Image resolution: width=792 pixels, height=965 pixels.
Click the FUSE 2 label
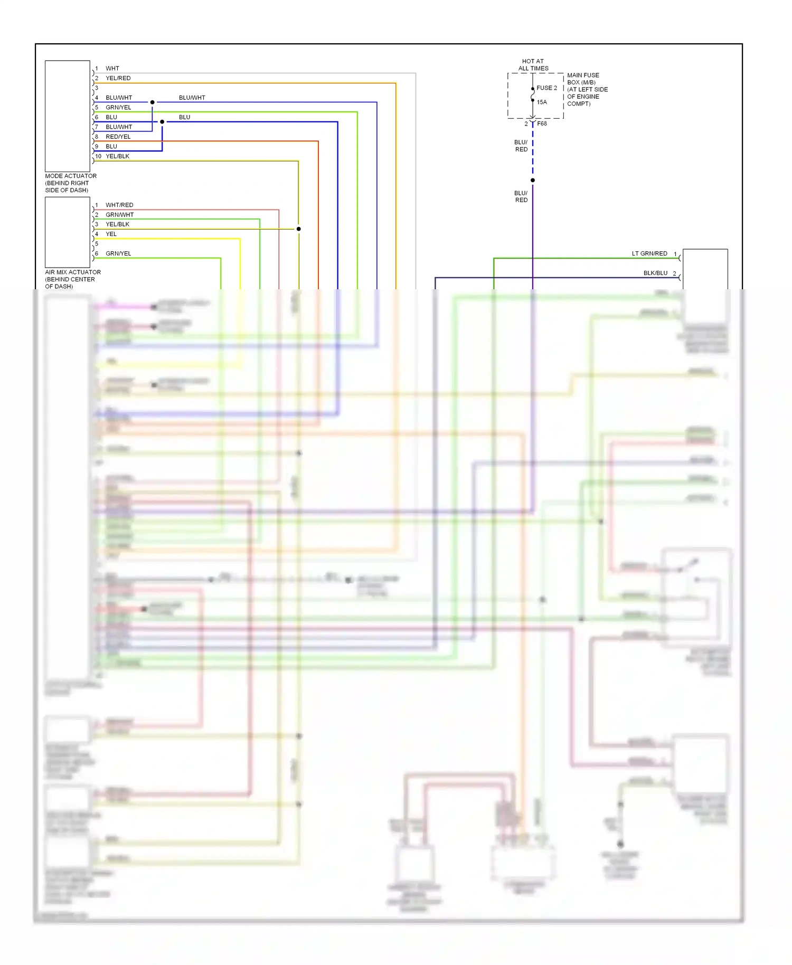pyautogui.click(x=546, y=88)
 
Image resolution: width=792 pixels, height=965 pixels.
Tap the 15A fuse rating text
pyautogui.click(x=542, y=102)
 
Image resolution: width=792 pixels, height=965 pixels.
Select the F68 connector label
pyautogui.click(x=542, y=124)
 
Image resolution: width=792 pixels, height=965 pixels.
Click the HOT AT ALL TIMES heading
pyautogui.click(x=533, y=65)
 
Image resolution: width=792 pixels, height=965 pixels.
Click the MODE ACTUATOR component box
pyautogui.click(x=68, y=116)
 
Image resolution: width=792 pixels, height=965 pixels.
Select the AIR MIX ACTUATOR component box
pyautogui.click(x=68, y=232)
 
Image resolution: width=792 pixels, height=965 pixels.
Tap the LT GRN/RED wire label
pyautogui.click(x=649, y=253)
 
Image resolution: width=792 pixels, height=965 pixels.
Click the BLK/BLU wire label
pyautogui.click(x=655, y=273)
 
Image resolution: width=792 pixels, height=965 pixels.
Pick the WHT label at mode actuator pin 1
pyautogui.click(x=112, y=69)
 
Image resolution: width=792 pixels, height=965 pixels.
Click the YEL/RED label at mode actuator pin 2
pyautogui.click(x=118, y=78)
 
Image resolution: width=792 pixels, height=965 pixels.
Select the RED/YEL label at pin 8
pyautogui.click(x=118, y=137)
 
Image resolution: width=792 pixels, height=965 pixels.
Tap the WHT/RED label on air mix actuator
pyautogui.click(x=119, y=205)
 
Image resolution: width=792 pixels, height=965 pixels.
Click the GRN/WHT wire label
pyautogui.click(x=120, y=215)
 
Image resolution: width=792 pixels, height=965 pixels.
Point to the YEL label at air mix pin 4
pyautogui.click(x=111, y=234)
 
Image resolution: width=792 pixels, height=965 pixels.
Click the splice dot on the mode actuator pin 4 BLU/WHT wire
pyautogui.click(x=153, y=102)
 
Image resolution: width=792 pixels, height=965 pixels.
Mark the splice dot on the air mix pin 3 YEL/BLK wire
pyautogui.click(x=298, y=229)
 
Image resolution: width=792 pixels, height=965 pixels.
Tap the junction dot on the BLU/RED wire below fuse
pyautogui.click(x=533, y=181)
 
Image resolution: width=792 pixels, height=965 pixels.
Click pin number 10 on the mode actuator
pyautogui.click(x=98, y=156)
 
